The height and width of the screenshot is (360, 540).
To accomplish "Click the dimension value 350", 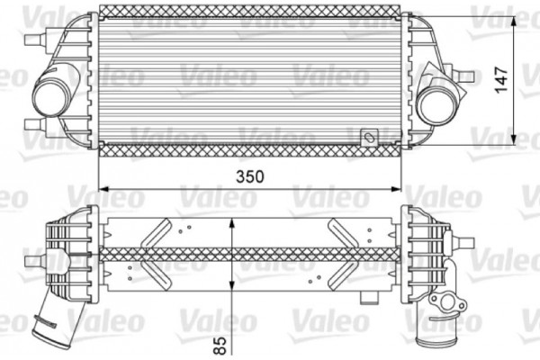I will coord(249,177).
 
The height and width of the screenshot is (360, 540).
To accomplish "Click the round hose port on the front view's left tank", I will coord(50,92).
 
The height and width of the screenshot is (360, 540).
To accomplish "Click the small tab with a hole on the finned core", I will coord(368,137).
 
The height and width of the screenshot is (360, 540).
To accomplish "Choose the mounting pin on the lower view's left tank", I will coord(34,261).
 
